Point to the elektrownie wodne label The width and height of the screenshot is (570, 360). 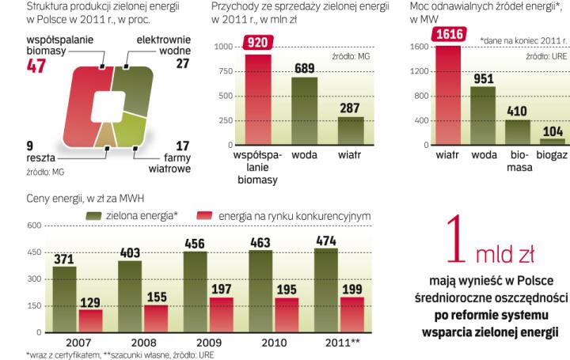coord(162,45)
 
